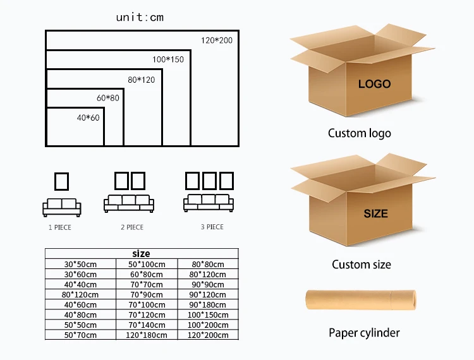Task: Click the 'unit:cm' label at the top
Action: (x=140, y=17)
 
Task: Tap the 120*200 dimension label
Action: (x=217, y=40)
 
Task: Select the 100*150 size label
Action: (x=168, y=59)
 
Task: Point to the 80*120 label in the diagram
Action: (x=141, y=80)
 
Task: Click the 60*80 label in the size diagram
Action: (x=107, y=98)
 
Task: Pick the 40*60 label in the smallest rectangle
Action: (x=88, y=118)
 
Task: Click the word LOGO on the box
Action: (x=374, y=83)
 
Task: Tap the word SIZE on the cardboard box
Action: (x=375, y=213)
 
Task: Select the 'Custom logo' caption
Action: (x=359, y=133)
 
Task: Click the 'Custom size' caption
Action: (x=361, y=264)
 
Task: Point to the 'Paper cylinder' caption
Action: (x=364, y=332)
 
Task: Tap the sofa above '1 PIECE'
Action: (x=62, y=206)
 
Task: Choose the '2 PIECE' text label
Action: (x=132, y=227)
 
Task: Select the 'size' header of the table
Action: (x=141, y=254)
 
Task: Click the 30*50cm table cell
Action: (x=80, y=264)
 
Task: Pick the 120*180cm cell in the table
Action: (x=147, y=335)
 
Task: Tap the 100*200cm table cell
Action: (x=208, y=325)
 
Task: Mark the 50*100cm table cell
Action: (x=147, y=264)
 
